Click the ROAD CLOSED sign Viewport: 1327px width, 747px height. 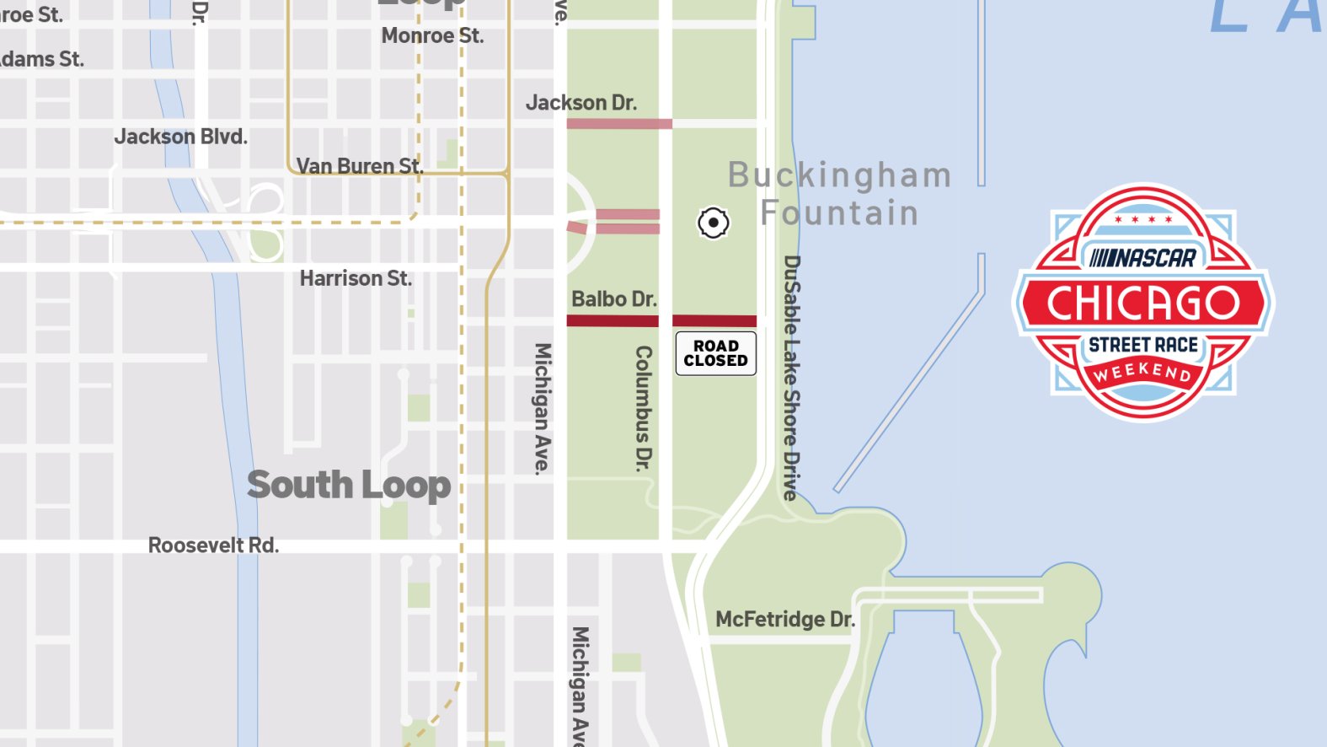[x=715, y=353]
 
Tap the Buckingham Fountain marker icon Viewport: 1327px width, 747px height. [x=713, y=223]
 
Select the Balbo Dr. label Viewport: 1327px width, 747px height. [x=613, y=299]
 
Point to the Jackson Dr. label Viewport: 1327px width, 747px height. [x=581, y=103]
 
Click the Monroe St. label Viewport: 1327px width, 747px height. [x=432, y=36]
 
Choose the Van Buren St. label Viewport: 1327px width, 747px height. [x=359, y=166]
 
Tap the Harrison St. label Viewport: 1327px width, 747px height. [x=356, y=278]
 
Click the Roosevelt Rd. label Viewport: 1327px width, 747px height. [x=213, y=545]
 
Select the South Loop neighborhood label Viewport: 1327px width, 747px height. [x=349, y=485]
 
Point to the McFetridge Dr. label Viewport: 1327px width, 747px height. [x=784, y=620]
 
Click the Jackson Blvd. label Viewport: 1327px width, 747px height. [x=180, y=137]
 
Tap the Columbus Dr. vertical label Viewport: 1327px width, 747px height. [x=644, y=408]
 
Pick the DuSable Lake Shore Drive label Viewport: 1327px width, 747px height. [x=790, y=378]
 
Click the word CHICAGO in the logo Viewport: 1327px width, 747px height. [x=1143, y=304]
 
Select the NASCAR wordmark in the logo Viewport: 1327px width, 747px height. [x=1143, y=258]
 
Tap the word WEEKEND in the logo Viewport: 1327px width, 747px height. [x=1142, y=371]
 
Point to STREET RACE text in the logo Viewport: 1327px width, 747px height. [x=1143, y=345]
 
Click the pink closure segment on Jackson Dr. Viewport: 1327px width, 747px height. [x=619, y=124]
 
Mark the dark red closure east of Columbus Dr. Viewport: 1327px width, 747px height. [x=714, y=320]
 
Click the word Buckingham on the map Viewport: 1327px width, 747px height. [x=839, y=175]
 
